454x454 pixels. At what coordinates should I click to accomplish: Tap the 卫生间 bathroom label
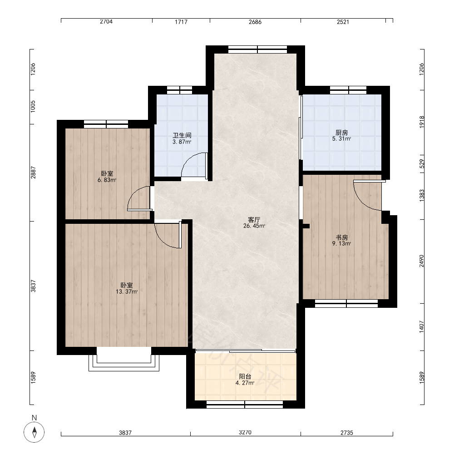[182, 135]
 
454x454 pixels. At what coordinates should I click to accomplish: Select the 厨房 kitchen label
[342, 133]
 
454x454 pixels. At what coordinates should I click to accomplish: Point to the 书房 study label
[342, 237]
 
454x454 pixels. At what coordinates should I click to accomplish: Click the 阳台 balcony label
[245, 376]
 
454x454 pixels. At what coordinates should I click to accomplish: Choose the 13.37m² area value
[127, 291]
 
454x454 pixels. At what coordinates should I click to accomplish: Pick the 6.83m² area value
[107, 180]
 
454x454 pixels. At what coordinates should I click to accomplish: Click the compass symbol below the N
[34, 432]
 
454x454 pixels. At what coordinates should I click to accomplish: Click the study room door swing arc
[361, 203]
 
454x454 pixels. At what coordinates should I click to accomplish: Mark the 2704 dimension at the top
[106, 21]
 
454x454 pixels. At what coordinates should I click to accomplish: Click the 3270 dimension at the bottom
[245, 432]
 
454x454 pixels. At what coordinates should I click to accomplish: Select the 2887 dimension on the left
[33, 172]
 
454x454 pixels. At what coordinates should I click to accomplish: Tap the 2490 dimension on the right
[422, 261]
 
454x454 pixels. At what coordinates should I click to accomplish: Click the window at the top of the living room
[258, 49]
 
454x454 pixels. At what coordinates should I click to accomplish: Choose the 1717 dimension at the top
[181, 21]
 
